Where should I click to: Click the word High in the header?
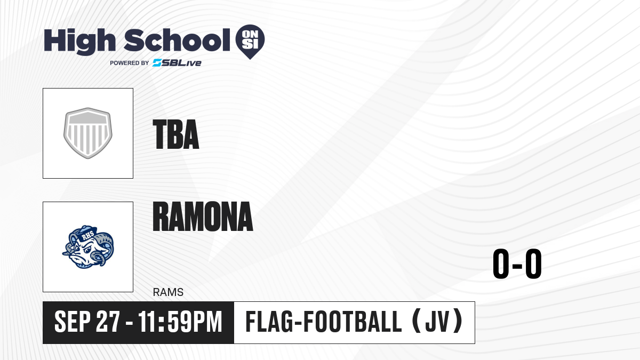pos(79,41)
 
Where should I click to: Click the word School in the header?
pos(177,39)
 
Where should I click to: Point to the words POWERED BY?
pos(130,63)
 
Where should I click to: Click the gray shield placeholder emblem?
pos(88,133)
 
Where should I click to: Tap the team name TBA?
pos(175,134)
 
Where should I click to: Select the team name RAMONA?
pos(203,217)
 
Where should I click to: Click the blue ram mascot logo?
pos(88,247)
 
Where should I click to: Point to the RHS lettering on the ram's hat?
pos(87,235)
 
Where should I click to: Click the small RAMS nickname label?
pos(168,292)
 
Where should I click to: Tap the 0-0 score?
pos(517,263)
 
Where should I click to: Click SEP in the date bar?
pos(73,322)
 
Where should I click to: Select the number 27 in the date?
pos(108,322)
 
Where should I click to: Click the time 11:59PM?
pos(181,322)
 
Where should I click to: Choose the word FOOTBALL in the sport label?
pos(353,322)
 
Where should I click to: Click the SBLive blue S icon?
pos(157,63)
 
